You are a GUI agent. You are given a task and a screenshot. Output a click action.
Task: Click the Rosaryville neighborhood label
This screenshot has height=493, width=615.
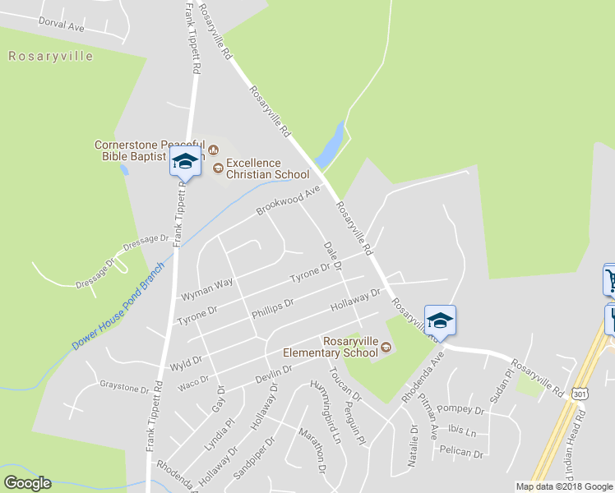pos(51,57)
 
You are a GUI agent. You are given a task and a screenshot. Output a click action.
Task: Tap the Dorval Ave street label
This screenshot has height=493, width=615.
pos(62,25)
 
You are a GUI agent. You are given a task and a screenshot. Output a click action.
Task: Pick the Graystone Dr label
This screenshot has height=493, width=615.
pos(124,385)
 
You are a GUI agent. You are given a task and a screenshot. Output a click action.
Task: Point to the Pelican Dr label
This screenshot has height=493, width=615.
pos(461,452)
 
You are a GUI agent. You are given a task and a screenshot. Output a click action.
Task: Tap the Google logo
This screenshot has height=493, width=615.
pos(27,483)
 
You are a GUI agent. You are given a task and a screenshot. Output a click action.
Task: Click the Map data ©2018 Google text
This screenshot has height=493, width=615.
pos(563,486)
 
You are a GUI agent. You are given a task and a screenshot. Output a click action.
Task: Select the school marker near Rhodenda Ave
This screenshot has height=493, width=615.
pos(440,320)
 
